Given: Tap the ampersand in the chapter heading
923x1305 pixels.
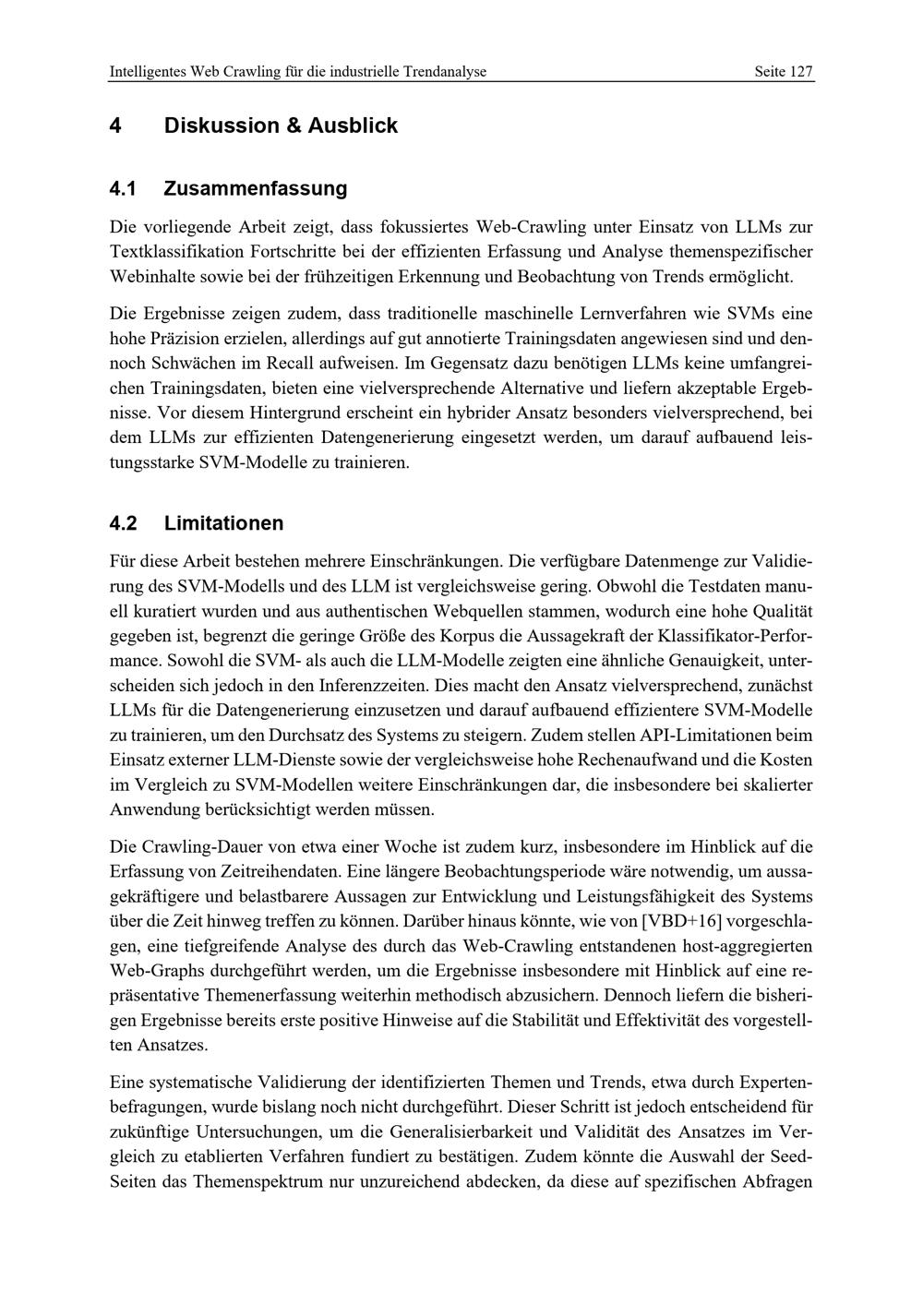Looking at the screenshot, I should (x=293, y=126).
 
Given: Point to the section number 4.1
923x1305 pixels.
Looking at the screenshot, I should (x=123, y=188).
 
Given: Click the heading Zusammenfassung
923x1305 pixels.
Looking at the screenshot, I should (x=256, y=188).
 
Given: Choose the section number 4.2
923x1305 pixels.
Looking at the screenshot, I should (x=123, y=523).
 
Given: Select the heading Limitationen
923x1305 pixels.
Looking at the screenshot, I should (x=223, y=523).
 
